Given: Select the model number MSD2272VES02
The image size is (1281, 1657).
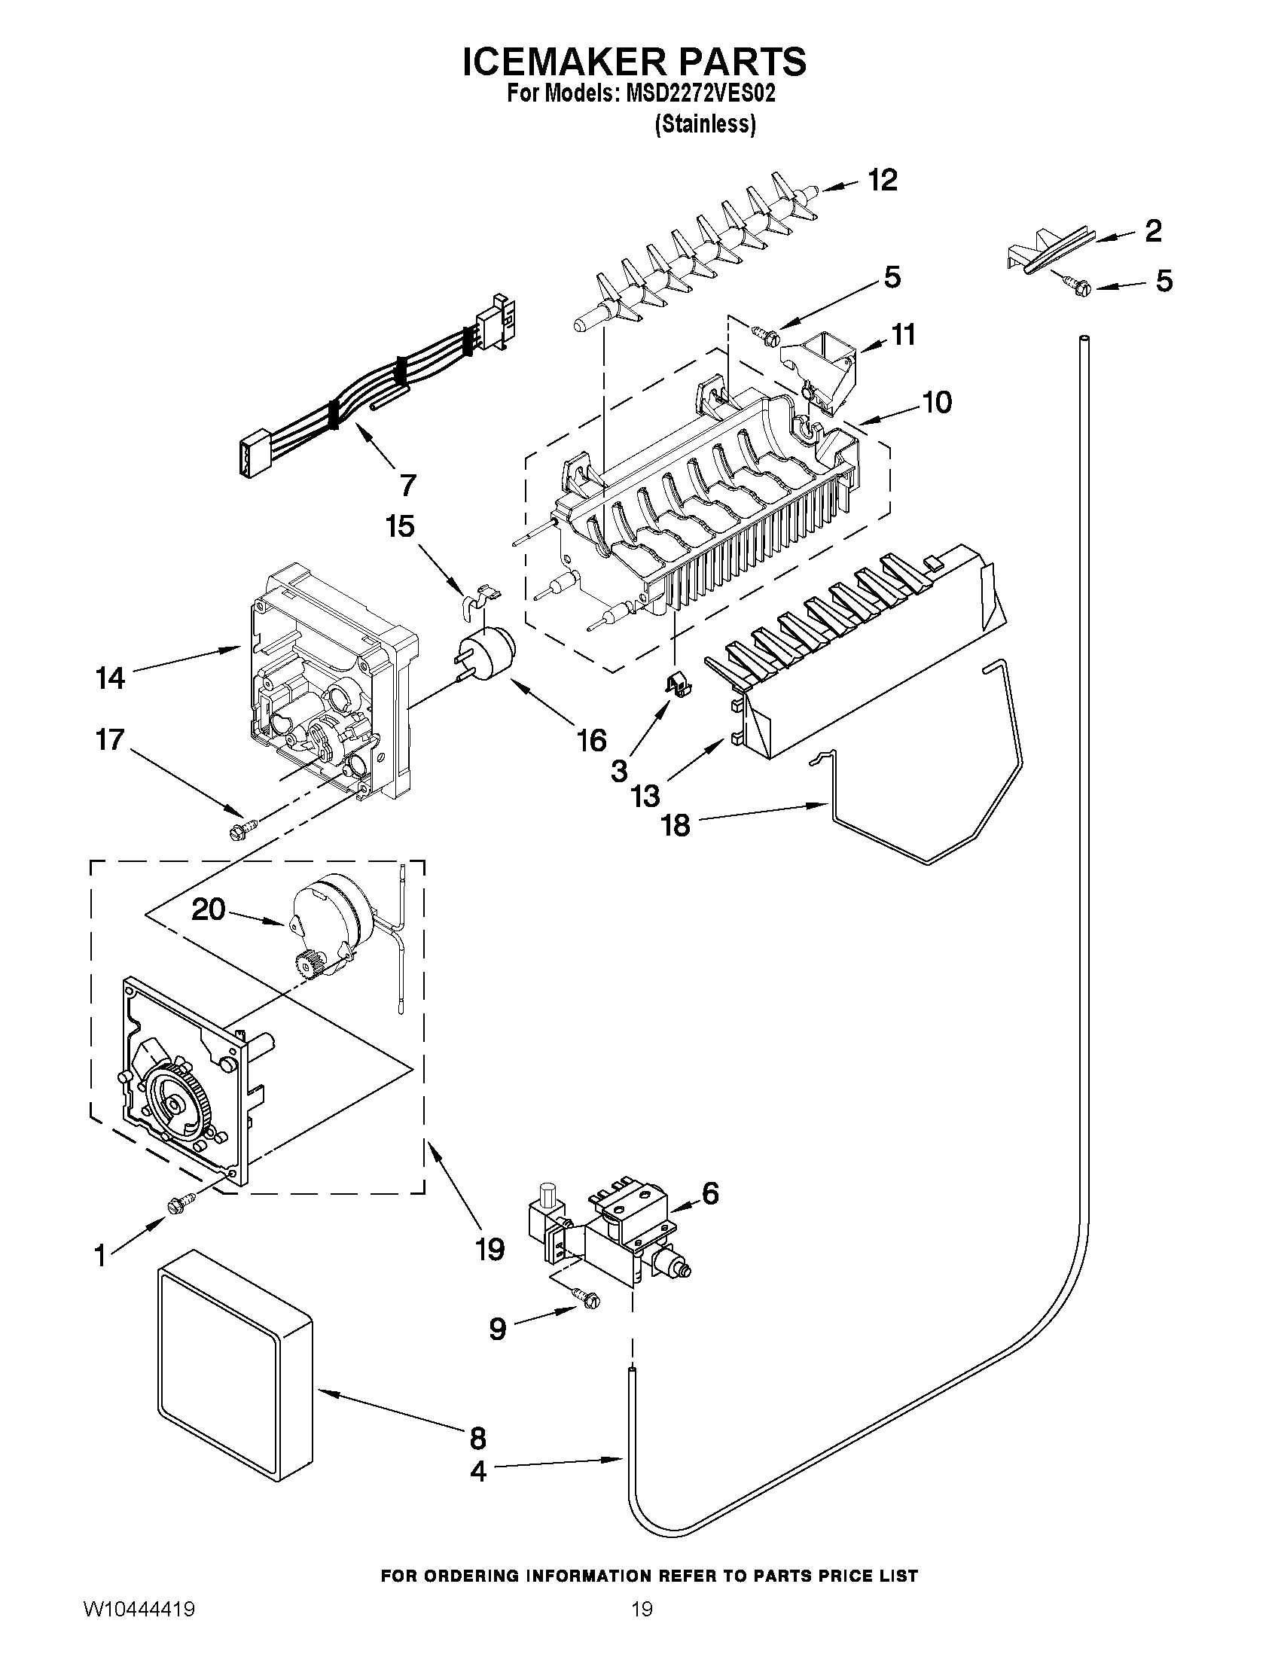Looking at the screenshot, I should coord(700,94).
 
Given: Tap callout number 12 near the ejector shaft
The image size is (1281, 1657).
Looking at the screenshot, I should coord(883,181).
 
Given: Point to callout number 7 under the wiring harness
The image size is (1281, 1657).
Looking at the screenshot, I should coord(407,484).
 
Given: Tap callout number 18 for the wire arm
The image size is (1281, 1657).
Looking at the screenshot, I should coord(676,825).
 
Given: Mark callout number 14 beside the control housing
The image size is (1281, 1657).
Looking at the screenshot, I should coord(111,678).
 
